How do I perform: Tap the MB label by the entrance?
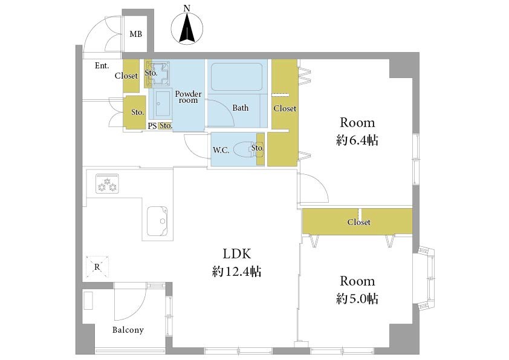click(x=135, y=34)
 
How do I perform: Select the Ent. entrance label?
click(x=102, y=65)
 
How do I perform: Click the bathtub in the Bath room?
click(x=236, y=77)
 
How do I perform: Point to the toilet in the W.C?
click(x=244, y=149)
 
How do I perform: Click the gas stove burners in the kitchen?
click(x=107, y=183)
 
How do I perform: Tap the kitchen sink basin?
click(x=157, y=221)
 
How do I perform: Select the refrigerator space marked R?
click(x=97, y=267)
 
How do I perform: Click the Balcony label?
click(x=128, y=330)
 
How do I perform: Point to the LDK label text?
click(x=237, y=254)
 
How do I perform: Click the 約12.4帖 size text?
click(x=236, y=271)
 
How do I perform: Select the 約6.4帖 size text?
click(x=357, y=140)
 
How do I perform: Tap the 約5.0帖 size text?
click(x=357, y=298)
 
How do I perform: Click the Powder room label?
click(x=188, y=97)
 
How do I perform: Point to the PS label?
click(x=152, y=126)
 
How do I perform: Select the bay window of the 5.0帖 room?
click(x=425, y=279)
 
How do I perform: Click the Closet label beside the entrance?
click(x=126, y=76)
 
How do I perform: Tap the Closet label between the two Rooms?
click(x=358, y=222)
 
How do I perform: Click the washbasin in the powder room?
click(x=162, y=103)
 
